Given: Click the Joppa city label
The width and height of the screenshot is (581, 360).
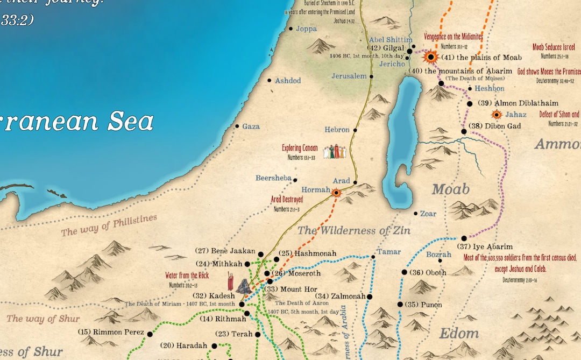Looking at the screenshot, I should pyautogui.click(x=306, y=29).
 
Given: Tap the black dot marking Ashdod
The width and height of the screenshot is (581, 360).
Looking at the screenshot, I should pyautogui.click(x=270, y=81).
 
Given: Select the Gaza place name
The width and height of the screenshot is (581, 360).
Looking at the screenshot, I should pyautogui.click(x=251, y=126).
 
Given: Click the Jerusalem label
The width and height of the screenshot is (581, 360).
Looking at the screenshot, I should pyautogui.click(x=349, y=76).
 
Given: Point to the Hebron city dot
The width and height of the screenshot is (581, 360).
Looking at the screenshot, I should pyautogui.click(x=355, y=130).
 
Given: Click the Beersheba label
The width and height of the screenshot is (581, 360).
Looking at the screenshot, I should pyautogui.click(x=273, y=178).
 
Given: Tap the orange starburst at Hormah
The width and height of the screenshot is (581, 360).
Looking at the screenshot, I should pyautogui.click(x=337, y=193).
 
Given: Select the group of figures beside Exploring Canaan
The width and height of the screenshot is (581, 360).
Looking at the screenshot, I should pyautogui.click(x=335, y=152).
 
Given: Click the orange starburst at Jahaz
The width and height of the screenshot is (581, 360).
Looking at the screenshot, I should pyautogui.click(x=497, y=115).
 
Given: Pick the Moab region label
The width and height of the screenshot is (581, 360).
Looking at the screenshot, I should pyautogui.click(x=451, y=189).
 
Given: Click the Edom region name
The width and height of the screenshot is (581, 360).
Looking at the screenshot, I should pyautogui.click(x=459, y=333).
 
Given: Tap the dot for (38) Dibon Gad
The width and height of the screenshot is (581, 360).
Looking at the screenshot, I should pyautogui.click(x=464, y=131).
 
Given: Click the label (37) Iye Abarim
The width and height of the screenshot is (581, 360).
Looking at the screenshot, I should pyautogui.click(x=489, y=246).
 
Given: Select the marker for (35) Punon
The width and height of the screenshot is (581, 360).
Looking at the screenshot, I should pyautogui.click(x=400, y=305).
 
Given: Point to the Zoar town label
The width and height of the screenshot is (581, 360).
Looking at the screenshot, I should pyautogui.click(x=428, y=214).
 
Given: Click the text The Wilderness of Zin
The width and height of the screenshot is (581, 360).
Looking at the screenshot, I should pyautogui.click(x=354, y=231).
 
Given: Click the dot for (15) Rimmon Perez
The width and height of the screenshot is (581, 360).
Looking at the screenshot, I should pyautogui.click(x=150, y=334).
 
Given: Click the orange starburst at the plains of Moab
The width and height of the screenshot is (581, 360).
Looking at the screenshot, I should pyautogui.click(x=430, y=57).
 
